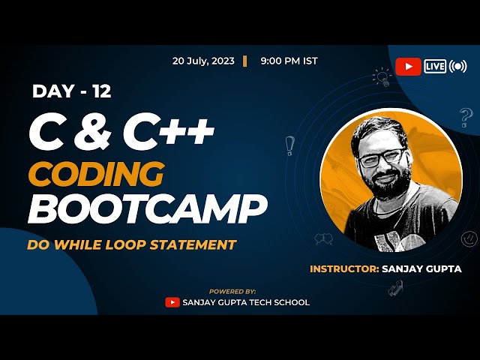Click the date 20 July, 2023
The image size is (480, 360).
click(x=203, y=61)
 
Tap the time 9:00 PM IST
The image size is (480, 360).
click(x=289, y=61)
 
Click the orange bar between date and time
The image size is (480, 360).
click(x=244, y=61)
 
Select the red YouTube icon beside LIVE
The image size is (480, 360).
click(x=408, y=67)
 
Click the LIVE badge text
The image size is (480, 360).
click(x=435, y=67)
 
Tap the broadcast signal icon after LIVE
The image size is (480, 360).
click(x=458, y=67)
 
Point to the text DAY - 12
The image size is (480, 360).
click(x=72, y=91)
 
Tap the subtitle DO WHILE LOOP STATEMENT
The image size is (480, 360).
click(x=131, y=244)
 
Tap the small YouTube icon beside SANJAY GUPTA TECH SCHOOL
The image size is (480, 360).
click(x=172, y=302)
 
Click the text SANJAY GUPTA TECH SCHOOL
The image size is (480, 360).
click(x=246, y=302)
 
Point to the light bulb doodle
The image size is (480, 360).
click(x=383, y=76)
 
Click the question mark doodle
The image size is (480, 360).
click(x=466, y=117)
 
